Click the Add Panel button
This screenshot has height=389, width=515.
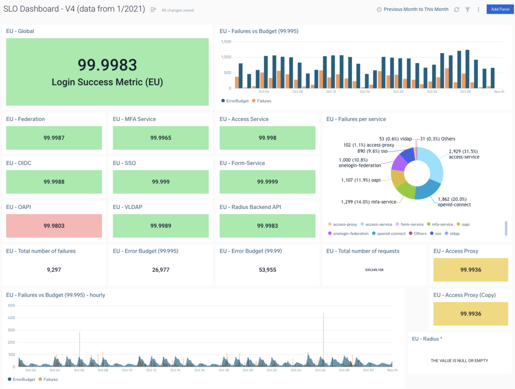500,9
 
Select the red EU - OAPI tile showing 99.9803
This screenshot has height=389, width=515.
54,226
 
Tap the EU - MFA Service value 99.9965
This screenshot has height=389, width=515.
160,138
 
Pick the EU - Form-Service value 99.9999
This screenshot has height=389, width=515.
267,182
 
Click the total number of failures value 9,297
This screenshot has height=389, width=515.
54,270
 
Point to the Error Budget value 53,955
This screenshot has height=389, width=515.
267,270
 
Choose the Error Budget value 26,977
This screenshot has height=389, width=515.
160,270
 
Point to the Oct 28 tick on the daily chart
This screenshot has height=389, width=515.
466,91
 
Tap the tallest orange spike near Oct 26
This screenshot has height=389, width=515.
323,322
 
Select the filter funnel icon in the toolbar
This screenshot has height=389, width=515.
467,10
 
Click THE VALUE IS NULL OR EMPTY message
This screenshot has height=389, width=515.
459,360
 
